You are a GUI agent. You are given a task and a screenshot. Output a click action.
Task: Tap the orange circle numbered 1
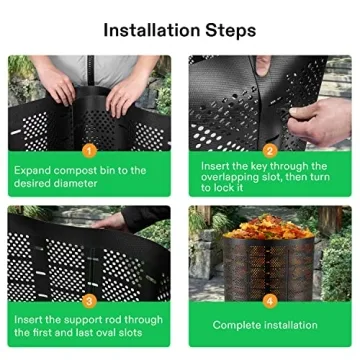(x=89, y=151)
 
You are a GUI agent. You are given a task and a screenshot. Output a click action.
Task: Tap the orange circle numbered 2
(x=270, y=151)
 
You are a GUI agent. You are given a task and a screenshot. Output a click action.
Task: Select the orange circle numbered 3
(x=89, y=300)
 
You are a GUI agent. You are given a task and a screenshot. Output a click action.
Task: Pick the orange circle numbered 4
(x=270, y=300)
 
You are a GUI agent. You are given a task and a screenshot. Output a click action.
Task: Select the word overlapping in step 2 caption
(x=236, y=178)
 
